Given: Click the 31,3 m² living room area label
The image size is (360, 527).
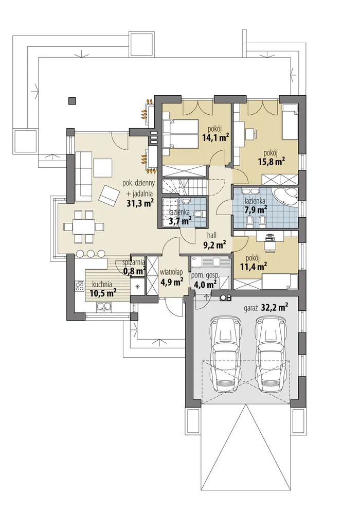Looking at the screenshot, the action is [140, 203].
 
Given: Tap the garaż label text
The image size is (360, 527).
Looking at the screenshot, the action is [251, 308].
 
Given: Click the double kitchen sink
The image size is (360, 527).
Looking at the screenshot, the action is [103, 306].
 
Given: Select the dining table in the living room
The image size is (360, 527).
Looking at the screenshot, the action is [85, 226].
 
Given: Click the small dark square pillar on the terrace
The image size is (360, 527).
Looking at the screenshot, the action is [71, 100].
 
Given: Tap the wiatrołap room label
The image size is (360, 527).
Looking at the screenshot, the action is [171, 272].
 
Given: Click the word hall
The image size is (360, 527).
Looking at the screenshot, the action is [212, 235].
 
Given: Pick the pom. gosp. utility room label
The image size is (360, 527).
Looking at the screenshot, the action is [205, 275].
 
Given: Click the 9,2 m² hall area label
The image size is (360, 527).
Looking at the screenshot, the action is [214, 244].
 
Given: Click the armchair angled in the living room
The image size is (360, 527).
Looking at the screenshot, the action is [109, 195].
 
